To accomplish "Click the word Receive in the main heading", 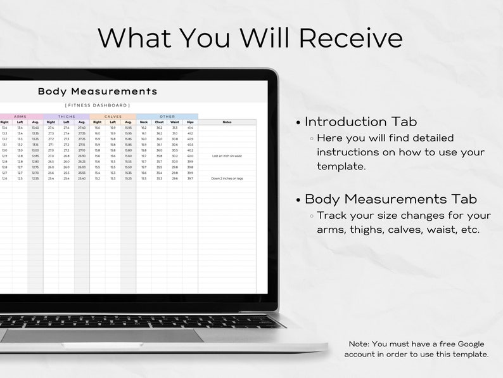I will click(351, 37).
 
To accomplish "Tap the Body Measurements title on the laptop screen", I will click(98, 91).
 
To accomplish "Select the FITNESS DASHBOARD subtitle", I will click(98, 105).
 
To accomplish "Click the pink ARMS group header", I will click(21, 117).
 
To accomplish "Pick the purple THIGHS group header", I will click(67, 117).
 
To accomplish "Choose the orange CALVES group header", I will click(113, 117).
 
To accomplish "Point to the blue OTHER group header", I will click(167, 117).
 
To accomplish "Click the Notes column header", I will click(227, 122).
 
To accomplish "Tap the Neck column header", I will click(144, 122).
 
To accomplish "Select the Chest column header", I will click(159, 122).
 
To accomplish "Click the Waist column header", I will click(175, 122).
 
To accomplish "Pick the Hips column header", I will click(190, 122).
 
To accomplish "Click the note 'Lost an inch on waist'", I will click(227, 155).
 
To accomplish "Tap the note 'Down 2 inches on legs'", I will click(227, 178).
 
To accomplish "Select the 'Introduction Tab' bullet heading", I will click(360, 122).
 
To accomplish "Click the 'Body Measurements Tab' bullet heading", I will click(391, 199).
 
